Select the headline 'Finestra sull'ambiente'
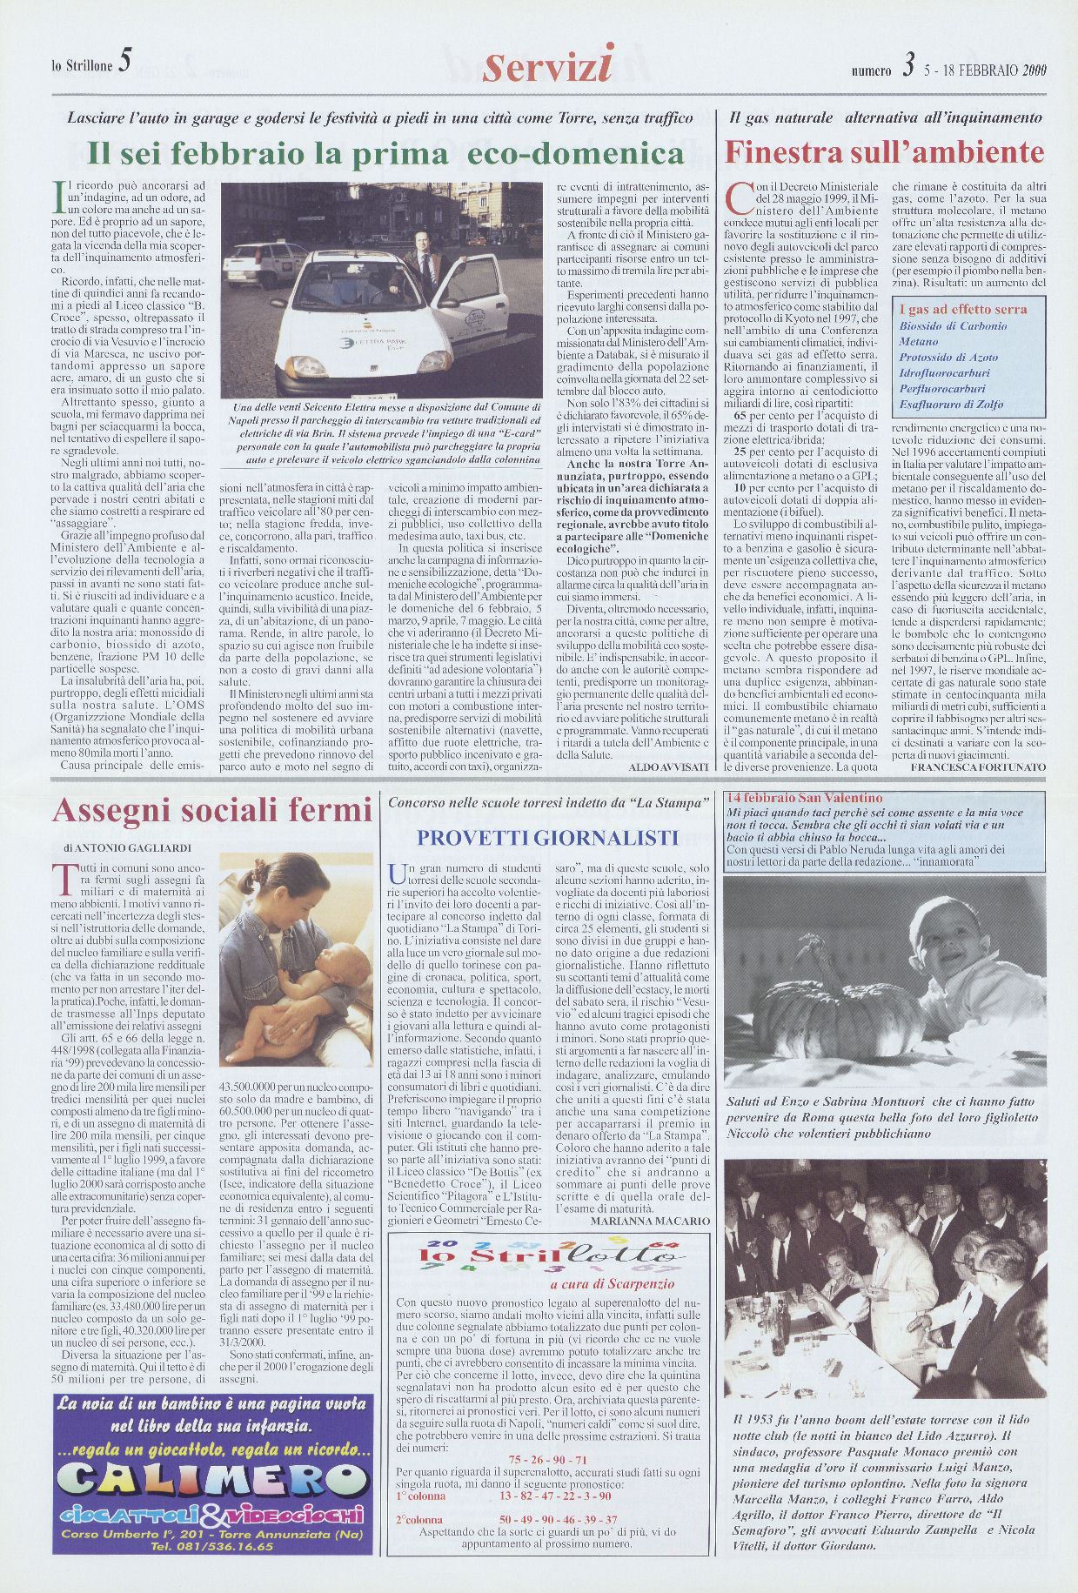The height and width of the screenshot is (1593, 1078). [884, 153]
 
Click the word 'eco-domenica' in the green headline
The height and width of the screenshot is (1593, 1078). [576, 154]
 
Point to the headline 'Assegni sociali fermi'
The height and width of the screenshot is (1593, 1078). [211, 810]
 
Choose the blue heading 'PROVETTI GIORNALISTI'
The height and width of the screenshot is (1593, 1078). [547, 838]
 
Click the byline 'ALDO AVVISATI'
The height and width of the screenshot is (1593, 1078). [668, 768]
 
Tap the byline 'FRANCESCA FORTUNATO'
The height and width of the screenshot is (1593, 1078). [977, 768]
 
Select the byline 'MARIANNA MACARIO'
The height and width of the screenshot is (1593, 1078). [650, 1221]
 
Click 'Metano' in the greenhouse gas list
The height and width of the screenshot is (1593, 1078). [919, 342]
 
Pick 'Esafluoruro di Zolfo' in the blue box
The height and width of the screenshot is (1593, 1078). [951, 405]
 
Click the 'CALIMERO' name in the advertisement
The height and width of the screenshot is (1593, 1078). [211, 1483]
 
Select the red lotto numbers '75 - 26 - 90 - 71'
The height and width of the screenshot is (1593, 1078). [547, 1459]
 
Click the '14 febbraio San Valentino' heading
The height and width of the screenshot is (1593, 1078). [804, 798]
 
